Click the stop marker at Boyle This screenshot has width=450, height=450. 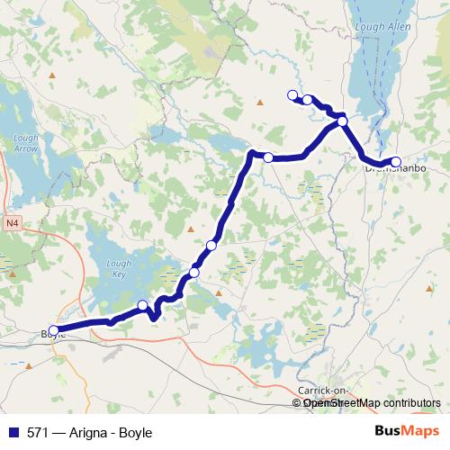click(54, 330)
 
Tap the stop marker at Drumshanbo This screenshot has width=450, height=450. click(396, 162)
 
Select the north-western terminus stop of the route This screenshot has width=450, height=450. click(292, 95)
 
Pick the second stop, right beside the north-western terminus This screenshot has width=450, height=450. click(308, 100)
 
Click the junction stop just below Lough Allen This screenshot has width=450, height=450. click(343, 121)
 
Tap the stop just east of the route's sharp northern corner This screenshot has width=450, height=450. click(268, 157)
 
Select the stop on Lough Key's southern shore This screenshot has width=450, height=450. click(143, 305)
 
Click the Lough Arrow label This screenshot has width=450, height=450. click(25, 143)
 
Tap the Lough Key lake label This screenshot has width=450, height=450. click(119, 267)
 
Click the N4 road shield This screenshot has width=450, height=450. click(11, 221)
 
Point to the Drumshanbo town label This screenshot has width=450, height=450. click(392, 168)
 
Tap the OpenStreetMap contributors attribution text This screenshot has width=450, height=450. click(372, 403)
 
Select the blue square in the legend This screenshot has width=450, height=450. click(11, 432)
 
